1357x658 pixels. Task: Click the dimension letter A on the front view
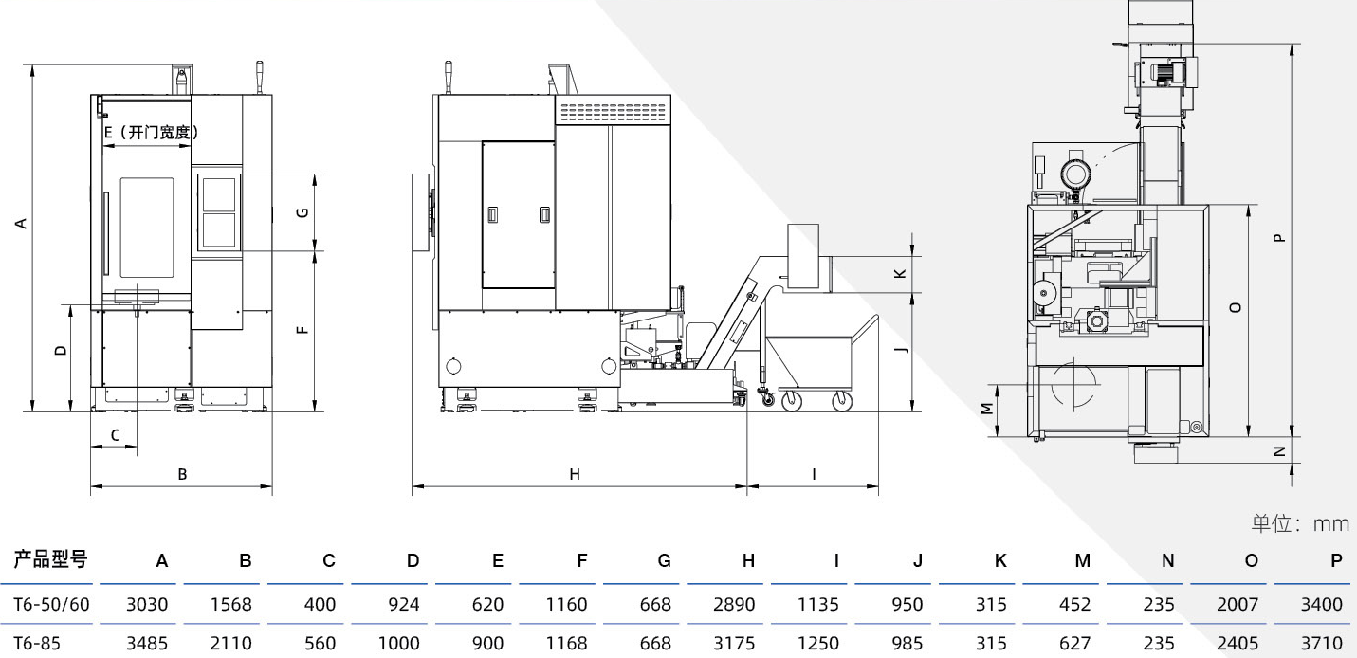click(22, 224)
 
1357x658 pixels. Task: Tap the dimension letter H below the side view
click(575, 474)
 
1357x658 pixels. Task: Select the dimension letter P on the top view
click(1279, 238)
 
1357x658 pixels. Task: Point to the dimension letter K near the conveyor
click(901, 274)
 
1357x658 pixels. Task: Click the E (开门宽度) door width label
click(152, 132)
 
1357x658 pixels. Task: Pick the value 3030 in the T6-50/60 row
click(147, 604)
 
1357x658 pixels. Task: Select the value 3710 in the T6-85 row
click(1322, 643)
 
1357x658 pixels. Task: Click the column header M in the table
click(1083, 561)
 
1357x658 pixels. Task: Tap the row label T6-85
click(37, 643)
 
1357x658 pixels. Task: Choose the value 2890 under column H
click(734, 604)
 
